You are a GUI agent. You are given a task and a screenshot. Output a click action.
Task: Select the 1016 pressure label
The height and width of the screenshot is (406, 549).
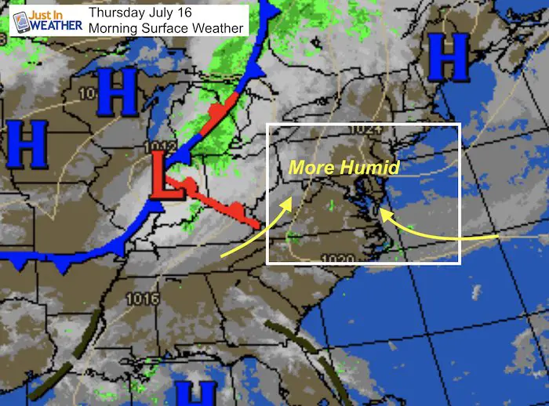point(141,299)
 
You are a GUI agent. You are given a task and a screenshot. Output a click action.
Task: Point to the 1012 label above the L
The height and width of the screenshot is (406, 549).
point(156,147)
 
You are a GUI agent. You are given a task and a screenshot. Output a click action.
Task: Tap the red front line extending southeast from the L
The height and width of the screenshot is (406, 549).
point(224,203)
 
